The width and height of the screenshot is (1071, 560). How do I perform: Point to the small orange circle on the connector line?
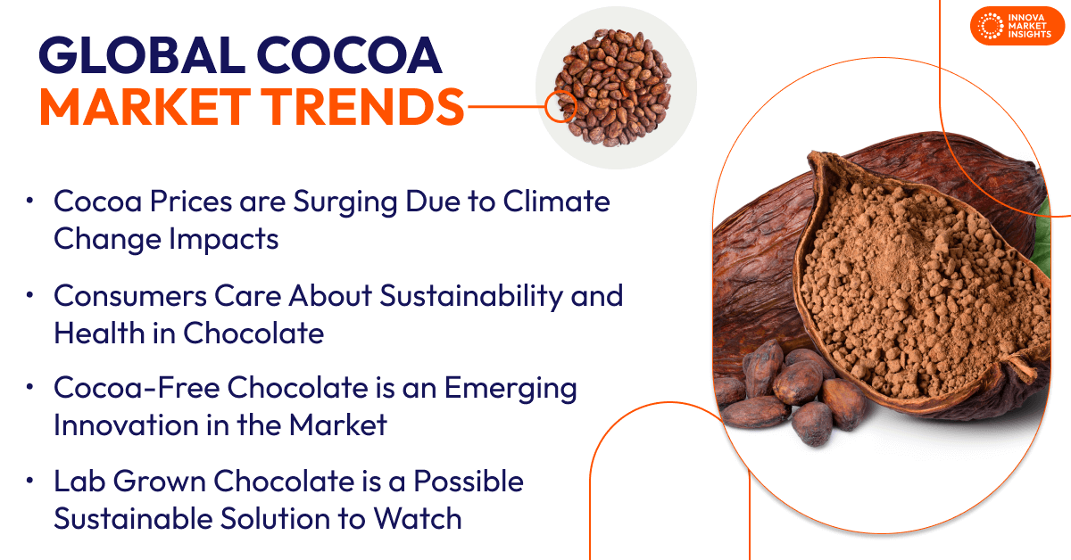coord(560,107)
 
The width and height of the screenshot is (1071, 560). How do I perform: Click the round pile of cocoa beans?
coord(617,87)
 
